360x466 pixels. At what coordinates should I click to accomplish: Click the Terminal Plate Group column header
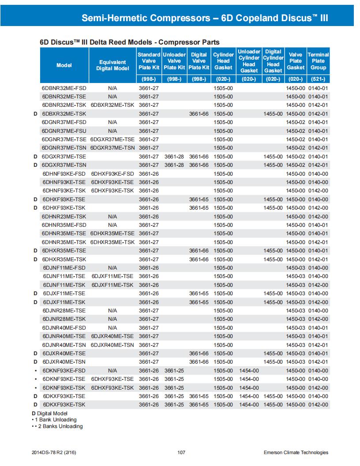pyautogui.click(x=318, y=61)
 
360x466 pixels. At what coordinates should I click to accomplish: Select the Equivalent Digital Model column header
pyautogui.click(x=112, y=65)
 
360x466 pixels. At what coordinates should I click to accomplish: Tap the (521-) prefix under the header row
pyautogui.click(x=318, y=79)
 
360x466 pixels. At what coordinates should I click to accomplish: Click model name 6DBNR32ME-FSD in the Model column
pyautogui.click(x=64, y=88)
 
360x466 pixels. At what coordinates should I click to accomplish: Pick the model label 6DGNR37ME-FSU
pyautogui.click(x=64, y=131)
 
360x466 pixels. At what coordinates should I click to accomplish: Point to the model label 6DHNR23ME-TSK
pyautogui.click(x=64, y=216)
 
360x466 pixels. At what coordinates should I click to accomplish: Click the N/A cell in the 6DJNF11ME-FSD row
pyautogui.click(x=112, y=268)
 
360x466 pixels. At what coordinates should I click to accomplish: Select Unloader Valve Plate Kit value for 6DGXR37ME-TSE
pyautogui.click(x=174, y=156)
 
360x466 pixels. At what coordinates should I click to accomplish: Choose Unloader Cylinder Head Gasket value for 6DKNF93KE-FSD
pyautogui.click(x=249, y=371)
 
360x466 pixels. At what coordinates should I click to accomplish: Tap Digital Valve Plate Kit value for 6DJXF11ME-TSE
pyautogui.click(x=199, y=293)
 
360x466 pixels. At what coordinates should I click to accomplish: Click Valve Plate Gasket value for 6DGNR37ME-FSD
pyautogui.click(x=295, y=122)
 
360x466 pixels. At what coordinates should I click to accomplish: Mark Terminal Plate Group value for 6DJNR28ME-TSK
pyautogui.click(x=318, y=319)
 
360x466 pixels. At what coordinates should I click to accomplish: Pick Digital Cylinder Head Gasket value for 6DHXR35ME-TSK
pyautogui.click(x=273, y=259)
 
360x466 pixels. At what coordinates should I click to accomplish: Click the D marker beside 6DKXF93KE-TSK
pyautogui.click(x=35, y=405)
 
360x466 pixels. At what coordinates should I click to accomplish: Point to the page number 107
pyautogui.click(x=180, y=452)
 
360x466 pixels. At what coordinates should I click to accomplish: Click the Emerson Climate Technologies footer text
pyautogui.click(x=296, y=452)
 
